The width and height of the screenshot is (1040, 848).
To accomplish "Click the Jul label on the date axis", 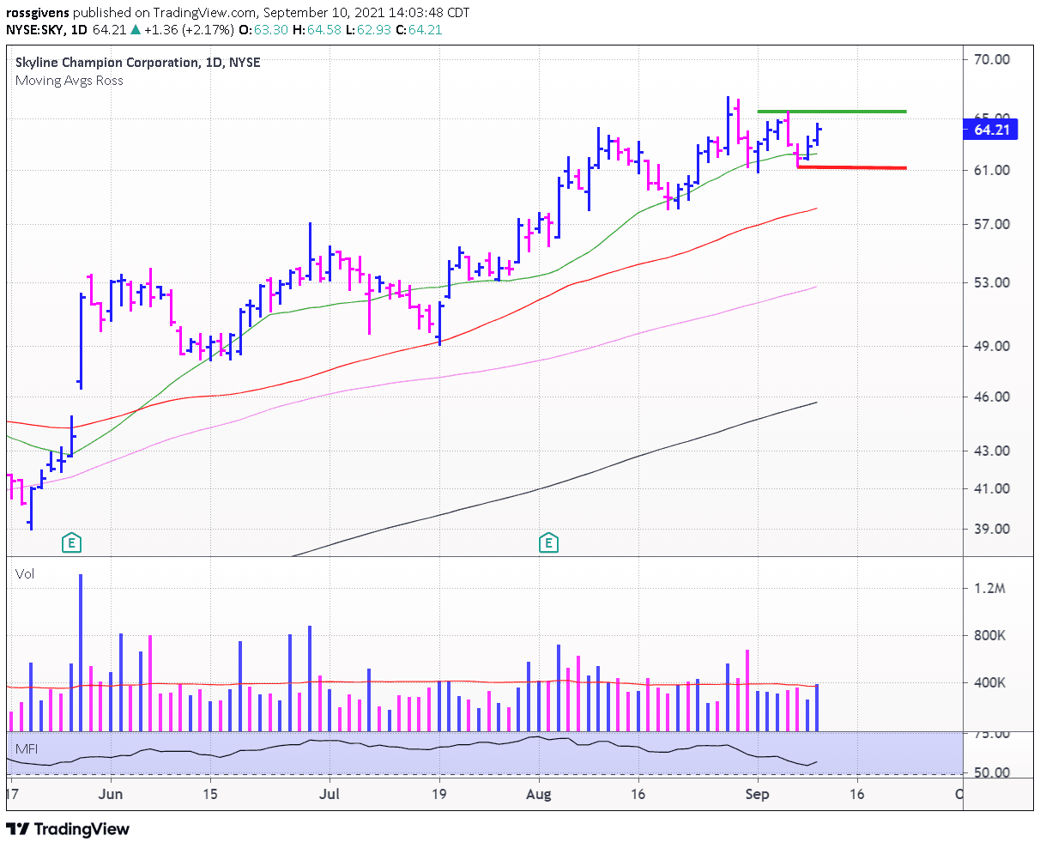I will [x=329, y=794].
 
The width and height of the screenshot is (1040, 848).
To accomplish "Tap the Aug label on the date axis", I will [x=538, y=794].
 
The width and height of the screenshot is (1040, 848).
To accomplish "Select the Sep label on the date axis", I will [x=757, y=794].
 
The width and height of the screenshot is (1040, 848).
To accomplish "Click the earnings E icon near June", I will [x=73, y=542].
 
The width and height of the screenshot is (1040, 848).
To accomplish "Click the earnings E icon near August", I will [x=547, y=542].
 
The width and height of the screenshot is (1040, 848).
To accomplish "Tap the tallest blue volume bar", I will [x=81, y=652].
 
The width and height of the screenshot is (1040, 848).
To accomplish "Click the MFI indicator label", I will [x=27, y=749].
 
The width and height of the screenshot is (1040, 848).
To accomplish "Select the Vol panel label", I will [x=25, y=573].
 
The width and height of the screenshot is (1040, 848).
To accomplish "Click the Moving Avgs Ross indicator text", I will [x=70, y=81].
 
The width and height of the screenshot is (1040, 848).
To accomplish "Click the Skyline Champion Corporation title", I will [x=106, y=63].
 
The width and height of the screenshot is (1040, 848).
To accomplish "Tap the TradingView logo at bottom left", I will [x=69, y=828].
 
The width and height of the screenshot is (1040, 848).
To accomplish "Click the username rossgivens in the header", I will [x=39, y=13].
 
